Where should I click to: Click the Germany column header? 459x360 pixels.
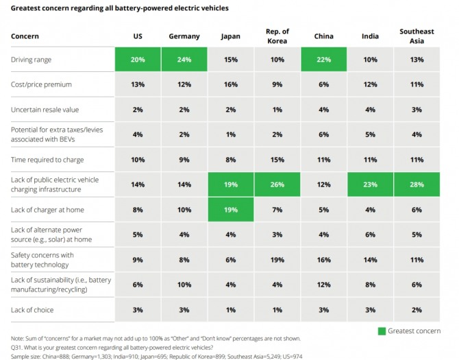pyautogui.click(x=183, y=36)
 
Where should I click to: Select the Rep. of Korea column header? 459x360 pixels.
pyautogui.click(x=277, y=36)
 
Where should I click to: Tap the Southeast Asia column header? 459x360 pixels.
pyautogui.click(x=416, y=36)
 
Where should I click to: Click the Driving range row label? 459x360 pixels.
pyautogui.click(x=32, y=60)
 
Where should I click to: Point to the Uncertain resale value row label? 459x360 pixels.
pyautogui.click(x=45, y=110)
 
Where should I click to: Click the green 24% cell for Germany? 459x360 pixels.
pyautogui.click(x=184, y=60)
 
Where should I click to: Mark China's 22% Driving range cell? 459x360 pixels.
pyautogui.click(x=323, y=60)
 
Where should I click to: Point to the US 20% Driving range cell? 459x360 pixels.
pyautogui.click(x=137, y=60)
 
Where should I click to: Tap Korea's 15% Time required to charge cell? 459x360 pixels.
pyautogui.click(x=277, y=159)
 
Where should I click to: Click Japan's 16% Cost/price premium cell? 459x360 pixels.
pyautogui.click(x=229, y=85)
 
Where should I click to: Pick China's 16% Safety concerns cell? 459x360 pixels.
pyautogui.click(x=323, y=260)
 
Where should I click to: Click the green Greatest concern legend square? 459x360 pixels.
pyautogui.click(x=381, y=331)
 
